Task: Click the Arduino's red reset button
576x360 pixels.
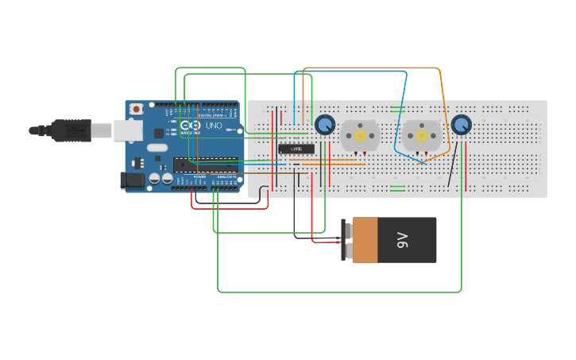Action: pos(137,108)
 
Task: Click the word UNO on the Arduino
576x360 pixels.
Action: pos(214,126)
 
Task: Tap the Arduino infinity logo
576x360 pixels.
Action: pos(191,126)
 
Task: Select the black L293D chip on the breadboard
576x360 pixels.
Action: pos(296,149)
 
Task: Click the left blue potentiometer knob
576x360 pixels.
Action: pos(324,125)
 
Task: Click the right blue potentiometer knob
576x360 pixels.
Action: pos(461,125)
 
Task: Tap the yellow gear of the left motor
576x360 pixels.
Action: pos(360,135)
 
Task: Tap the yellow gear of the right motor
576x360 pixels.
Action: pos(421,135)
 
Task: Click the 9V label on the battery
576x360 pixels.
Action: pos(402,239)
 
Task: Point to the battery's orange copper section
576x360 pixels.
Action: pos(365,239)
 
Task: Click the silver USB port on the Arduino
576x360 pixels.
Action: pos(127,130)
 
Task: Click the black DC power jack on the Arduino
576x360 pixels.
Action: pos(132,181)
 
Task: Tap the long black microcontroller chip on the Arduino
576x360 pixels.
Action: pos(205,165)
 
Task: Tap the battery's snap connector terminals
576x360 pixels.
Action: pos(348,239)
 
